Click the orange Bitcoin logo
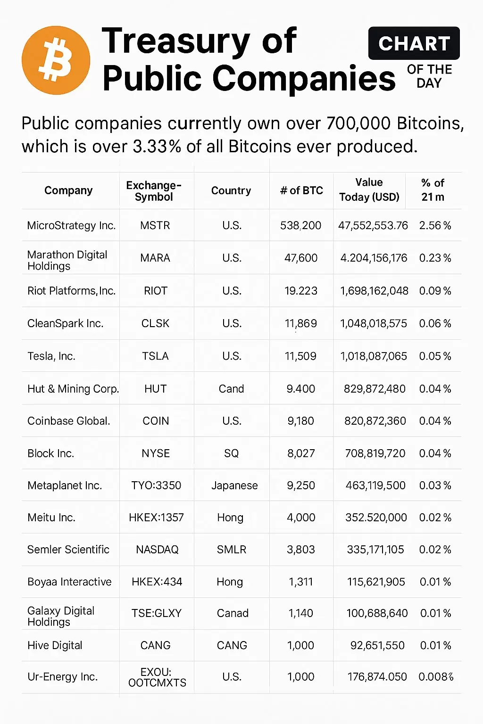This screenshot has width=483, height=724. coord(56,60)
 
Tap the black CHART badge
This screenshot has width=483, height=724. coord(414,43)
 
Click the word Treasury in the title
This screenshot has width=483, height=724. coord(175,41)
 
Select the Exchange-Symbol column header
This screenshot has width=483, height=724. coord(154,191)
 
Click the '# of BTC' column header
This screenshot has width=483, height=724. coord(301,190)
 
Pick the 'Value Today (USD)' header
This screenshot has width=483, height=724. coord(369,190)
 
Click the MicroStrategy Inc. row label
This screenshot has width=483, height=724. coord(71,225)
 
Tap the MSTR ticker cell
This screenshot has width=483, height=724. coord(155,225)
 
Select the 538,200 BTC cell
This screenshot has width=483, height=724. coord(300,225)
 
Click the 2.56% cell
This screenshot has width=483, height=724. coord(435,225)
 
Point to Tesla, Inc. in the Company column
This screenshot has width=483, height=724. coord(51,356)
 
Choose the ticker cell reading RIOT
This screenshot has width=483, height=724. coord(156,291)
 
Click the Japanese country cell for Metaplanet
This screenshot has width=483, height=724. coord(234,485)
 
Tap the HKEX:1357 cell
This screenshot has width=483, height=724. coord(156,518)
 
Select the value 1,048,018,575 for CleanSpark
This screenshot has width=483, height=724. coord(374,323)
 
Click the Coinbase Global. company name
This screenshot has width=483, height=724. coord(69,421)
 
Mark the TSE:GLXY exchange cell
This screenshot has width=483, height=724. coord(157,613)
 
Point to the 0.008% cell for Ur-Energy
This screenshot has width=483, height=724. coord(436,677)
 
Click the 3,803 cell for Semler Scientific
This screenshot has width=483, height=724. coord(301,550)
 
